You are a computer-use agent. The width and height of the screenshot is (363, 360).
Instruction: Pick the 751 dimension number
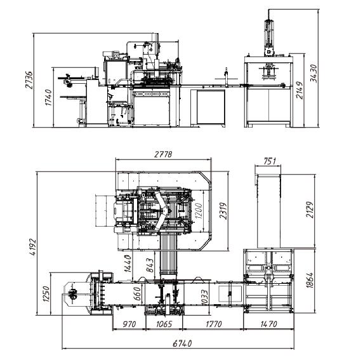point(270,161)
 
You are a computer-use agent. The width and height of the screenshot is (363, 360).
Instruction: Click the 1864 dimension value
point(309,279)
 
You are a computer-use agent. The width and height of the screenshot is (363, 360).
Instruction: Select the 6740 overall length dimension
point(179,343)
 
